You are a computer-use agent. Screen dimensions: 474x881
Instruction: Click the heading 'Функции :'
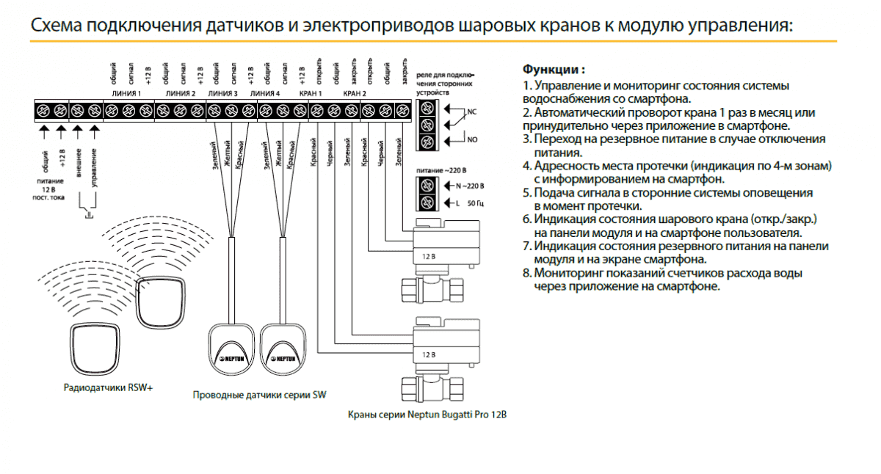(554, 70)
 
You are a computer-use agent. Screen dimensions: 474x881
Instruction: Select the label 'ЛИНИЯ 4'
(265, 95)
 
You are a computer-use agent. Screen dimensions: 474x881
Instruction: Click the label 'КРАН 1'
(311, 95)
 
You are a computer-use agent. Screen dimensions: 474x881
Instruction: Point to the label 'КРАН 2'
(355, 95)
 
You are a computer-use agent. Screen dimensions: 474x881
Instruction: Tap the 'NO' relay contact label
(471, 139)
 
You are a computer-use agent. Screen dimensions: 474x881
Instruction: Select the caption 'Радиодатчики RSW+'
(108, 387)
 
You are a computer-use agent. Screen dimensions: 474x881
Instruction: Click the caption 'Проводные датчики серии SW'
(259, 395)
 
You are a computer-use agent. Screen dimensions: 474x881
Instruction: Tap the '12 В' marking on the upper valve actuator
(429, 257)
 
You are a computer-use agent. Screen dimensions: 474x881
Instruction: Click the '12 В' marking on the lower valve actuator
(429, 354)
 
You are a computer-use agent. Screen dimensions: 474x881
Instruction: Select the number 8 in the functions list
(526, 273)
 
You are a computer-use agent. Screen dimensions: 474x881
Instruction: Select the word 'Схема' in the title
(56, 26)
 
